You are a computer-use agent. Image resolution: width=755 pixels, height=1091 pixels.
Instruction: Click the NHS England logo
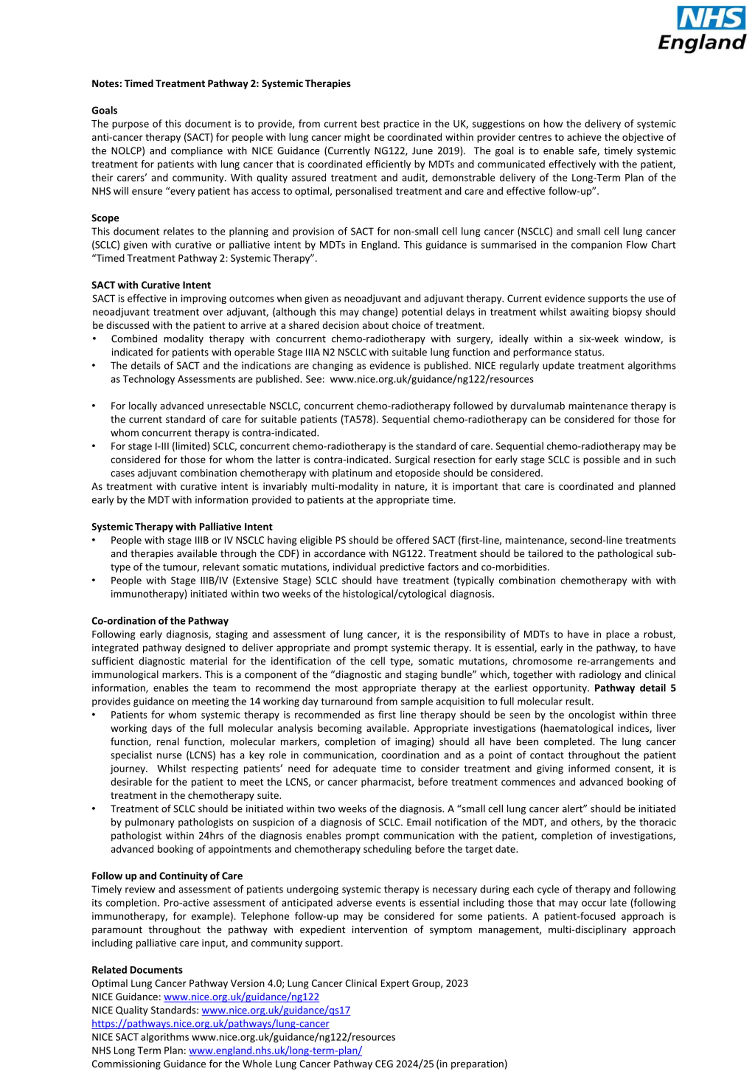pyautogui.click(x=702, y=29)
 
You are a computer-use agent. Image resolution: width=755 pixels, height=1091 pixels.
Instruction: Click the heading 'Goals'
pyautogui.click(x=104, y=111)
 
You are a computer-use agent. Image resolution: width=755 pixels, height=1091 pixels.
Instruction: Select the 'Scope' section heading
pyautogui.click(x=105, y=218)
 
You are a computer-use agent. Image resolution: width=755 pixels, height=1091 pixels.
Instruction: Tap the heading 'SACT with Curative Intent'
pyautogui.click(x=151, y=285)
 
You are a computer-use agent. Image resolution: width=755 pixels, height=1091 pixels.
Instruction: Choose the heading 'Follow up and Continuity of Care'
pyautogui.click(x=167, y=876)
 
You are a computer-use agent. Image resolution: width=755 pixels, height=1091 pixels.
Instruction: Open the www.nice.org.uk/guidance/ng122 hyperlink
pyautogui.click(x=241, y=997)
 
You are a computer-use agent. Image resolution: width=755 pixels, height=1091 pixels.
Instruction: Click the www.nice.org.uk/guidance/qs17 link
pyautogui.click(x=276, y=1010)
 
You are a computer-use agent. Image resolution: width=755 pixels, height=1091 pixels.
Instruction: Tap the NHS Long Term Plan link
pyautogui.click(x=275, y=1050)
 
